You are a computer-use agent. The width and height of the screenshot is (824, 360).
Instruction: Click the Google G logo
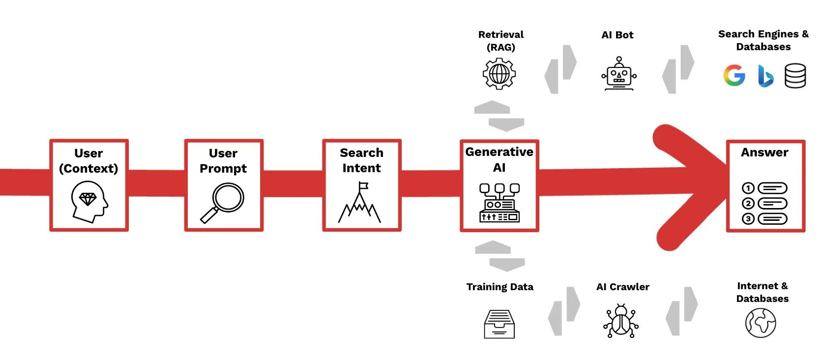click(x=734, y=76)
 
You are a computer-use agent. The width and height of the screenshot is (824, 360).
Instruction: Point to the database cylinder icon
click(x=795, y=76)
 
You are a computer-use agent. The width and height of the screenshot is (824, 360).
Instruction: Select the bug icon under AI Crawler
click(x=620, y=321)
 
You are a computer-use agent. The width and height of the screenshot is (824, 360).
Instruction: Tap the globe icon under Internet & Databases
click(x=760, y=323)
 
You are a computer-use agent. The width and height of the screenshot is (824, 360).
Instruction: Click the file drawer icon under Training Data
click(x=499, y=324)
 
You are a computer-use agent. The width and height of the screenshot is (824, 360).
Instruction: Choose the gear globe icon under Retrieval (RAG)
click(x=499, y=74)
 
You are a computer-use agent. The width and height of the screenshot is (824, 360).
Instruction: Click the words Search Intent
click(x=361, y=160)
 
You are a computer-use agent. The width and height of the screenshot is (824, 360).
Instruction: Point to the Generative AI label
click(x=499, y=159)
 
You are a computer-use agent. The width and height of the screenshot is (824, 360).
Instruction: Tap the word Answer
click(x=765, y=152)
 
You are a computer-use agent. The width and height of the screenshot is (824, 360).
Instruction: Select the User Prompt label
click(x=223, y=161)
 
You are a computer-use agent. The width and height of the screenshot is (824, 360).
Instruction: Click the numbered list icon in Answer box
click(x=765, y=203)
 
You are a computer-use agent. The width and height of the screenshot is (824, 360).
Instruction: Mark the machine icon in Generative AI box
click(x=499, y=203)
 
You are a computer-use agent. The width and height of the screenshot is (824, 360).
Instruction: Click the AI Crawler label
click(x=622, y=287)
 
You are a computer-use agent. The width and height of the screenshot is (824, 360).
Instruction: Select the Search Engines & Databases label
click(x=763, y=40)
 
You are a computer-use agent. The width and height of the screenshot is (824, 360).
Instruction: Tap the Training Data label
click(x=500, y=287)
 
